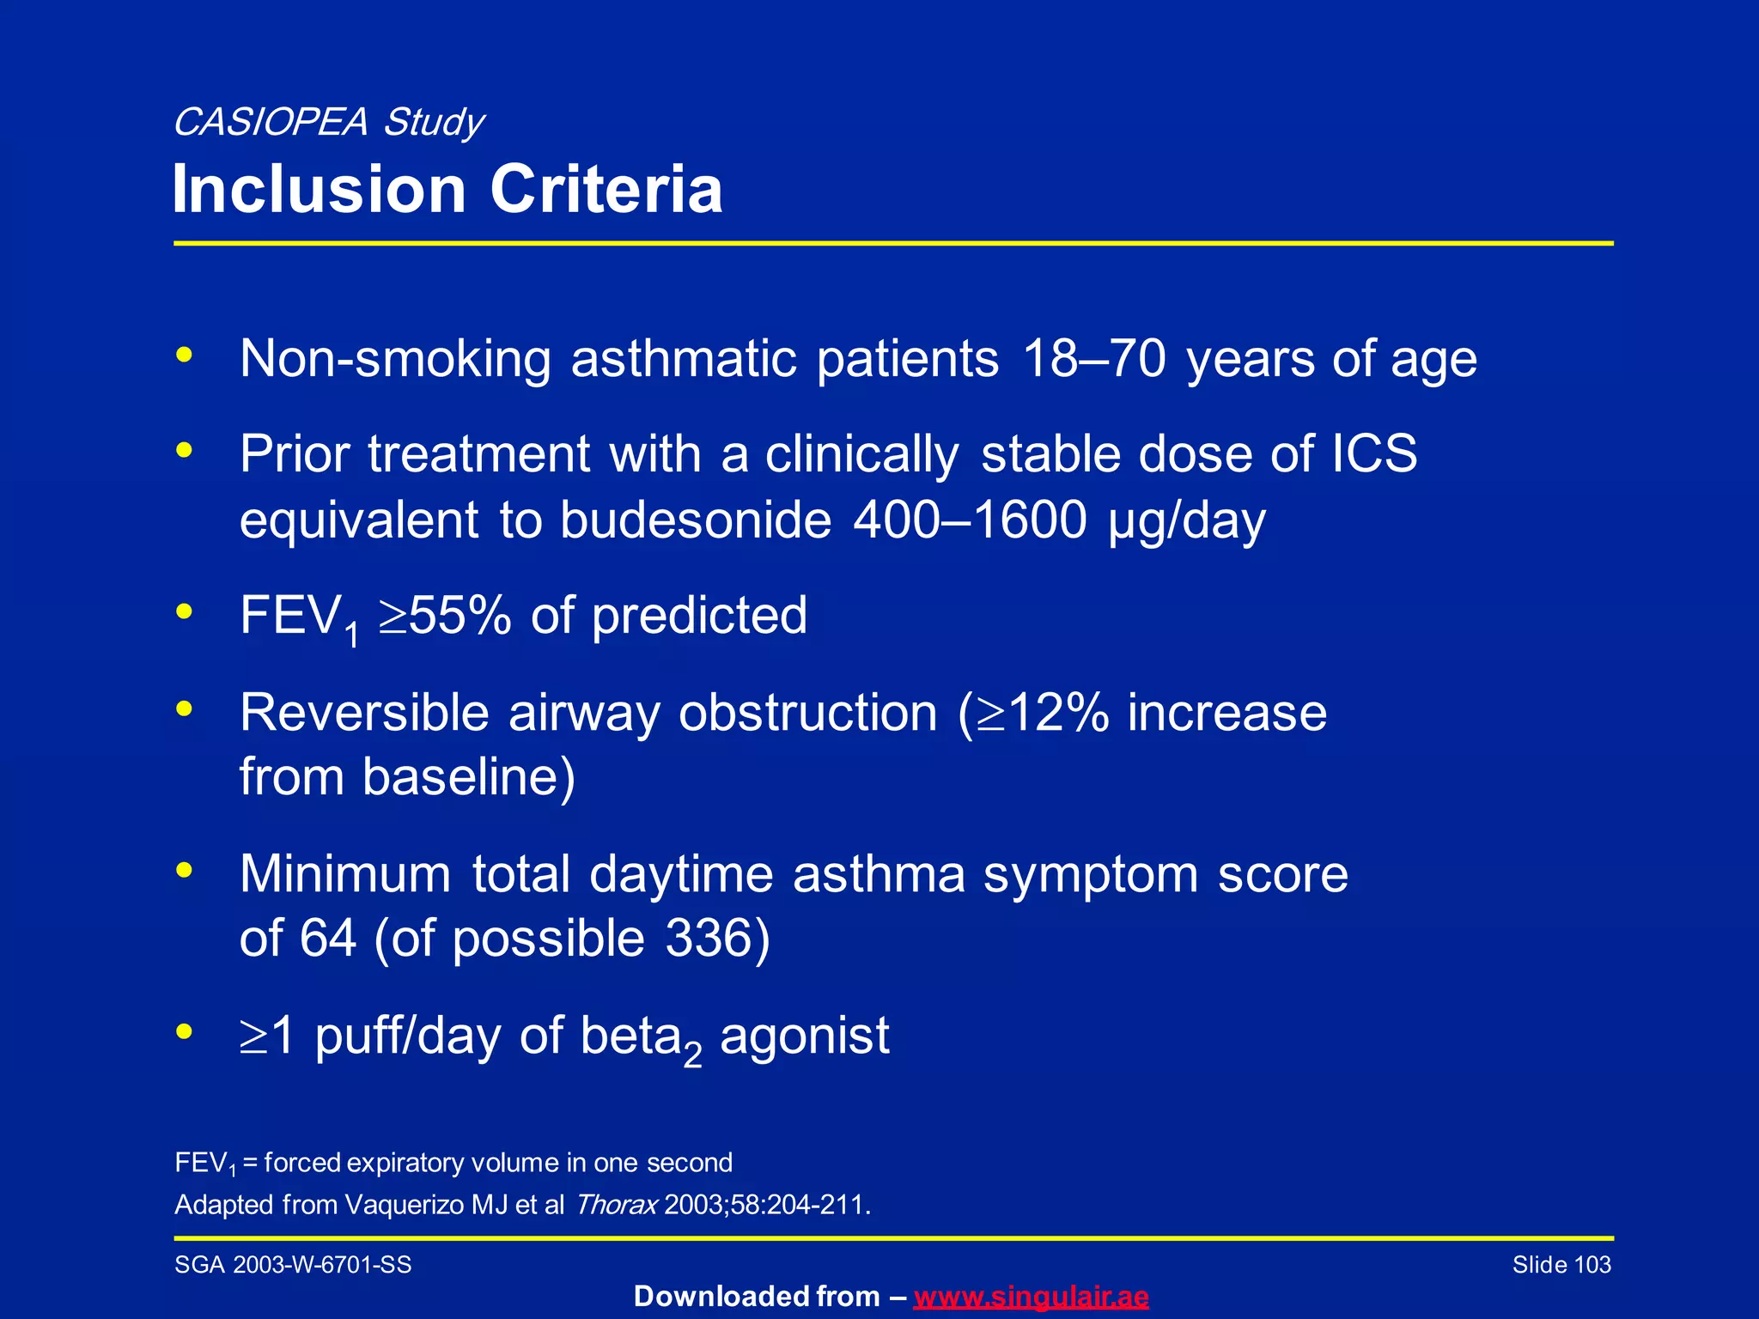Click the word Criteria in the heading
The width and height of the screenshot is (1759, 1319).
[x=606, y=189]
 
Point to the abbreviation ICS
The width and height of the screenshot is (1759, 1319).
[x=1374, y=453]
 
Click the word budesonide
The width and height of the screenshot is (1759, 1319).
[x=696, y=520]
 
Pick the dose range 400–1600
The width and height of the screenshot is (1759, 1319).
[x=971, y=520]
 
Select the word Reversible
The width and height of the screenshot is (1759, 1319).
[x=364, y=713]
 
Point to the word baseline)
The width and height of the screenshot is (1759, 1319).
[x=469, y=777]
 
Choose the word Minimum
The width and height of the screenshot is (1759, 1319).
[x=345, y=874]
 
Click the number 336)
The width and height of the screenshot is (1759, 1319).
[x=718, y=938]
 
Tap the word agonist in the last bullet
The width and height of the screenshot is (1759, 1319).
[x=804, y=1036]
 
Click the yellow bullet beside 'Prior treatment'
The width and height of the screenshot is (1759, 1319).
[x=184, y=450]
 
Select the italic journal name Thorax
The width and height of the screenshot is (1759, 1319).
[x=616, y=1205]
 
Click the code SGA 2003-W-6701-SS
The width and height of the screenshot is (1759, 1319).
[x=293, y=1265]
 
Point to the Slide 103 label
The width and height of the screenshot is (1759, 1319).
[x=1561, y=1265]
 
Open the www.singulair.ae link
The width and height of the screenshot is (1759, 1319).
[x=1031, y=1296]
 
